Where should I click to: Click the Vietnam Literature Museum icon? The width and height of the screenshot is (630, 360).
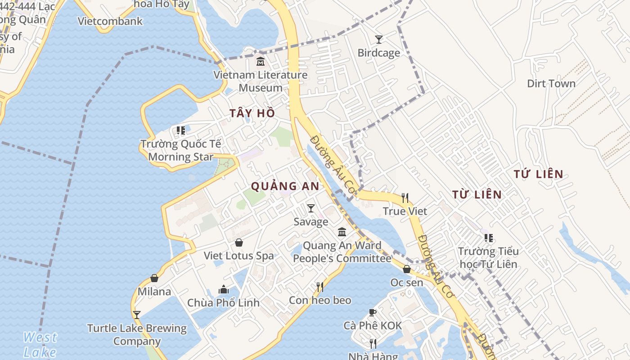point(260,62)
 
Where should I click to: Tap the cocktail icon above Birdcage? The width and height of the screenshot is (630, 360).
point(379,40)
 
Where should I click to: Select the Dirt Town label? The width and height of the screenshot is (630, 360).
point(551,84)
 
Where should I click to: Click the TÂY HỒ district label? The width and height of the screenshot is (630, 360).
point(252,113)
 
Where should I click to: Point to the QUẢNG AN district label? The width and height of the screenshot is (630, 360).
point(285,186)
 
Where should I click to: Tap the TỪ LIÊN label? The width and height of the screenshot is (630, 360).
point(477,194)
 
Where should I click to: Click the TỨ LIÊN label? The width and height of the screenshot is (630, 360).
point(538,174)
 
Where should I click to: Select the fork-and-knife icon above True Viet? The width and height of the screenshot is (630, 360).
point(405,198)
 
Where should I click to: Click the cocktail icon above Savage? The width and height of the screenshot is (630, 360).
point(310,208)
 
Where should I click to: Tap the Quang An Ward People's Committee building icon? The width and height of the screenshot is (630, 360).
point(342,232)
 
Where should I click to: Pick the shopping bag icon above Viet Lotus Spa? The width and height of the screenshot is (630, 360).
point(239,243)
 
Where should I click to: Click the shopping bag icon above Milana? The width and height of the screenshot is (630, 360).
point(154,278)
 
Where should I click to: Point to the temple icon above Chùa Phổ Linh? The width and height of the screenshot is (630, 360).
point(224,289)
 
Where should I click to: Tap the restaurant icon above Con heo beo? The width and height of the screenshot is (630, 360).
point(320,287)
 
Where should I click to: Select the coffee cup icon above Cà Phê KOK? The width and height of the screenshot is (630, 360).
point(372,312)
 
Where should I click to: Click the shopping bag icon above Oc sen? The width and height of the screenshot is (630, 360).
point(407,269)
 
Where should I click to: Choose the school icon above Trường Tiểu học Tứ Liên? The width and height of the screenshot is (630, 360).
point(488,238)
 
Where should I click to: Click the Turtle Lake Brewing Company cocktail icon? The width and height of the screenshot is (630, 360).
point(137,315)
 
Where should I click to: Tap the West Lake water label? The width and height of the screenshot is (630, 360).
point(40,344)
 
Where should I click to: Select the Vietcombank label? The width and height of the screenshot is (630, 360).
point(110,21)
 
